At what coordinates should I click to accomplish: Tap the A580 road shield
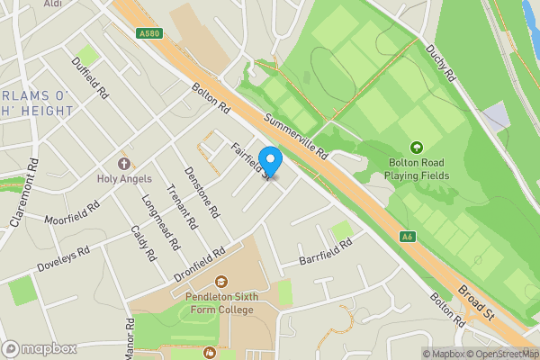pyautogui.click(x=149, y=34)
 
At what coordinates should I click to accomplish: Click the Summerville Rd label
pyautogui.click(x=294, y=139)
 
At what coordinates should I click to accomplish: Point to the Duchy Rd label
pyautogui.click(x=442, y=64)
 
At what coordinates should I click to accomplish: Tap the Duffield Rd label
pyautogui.click(x=90, y=79)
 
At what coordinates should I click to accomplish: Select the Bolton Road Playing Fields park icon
pyautogui.click(x=416, y=147)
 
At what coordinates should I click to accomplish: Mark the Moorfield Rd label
pyautogui.click(x=73, y=212)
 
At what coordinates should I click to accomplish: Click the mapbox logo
pyautogui.click(x=40, y=348)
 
